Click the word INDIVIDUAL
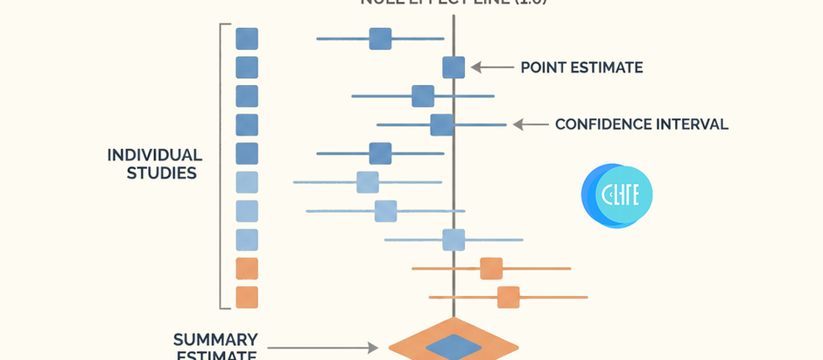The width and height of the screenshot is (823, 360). coord(154,155)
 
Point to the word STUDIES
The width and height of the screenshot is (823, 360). coord(161,173)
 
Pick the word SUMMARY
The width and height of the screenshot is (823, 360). coord(215,339)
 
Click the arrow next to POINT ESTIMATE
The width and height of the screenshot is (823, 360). coord(490,67)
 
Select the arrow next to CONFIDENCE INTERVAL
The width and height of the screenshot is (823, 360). coord(531,124)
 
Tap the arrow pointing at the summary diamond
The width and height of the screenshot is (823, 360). coord(323,348)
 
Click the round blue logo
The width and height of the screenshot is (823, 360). coord(616,195)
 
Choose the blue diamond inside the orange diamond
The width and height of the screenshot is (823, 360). coord(453,347)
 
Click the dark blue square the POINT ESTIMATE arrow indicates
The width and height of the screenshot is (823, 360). coord(454,67)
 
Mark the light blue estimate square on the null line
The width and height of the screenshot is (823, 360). coord(454,239)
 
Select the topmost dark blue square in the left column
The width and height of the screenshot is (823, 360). coord(247,39)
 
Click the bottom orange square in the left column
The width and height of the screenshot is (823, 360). coord(247,297)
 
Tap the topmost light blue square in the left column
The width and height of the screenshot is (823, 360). coord(247,182)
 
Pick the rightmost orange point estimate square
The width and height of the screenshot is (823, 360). coord(508,297)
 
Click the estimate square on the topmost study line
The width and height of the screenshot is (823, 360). coord(380,39)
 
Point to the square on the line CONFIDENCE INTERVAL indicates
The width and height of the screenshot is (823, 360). coord(441,124)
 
